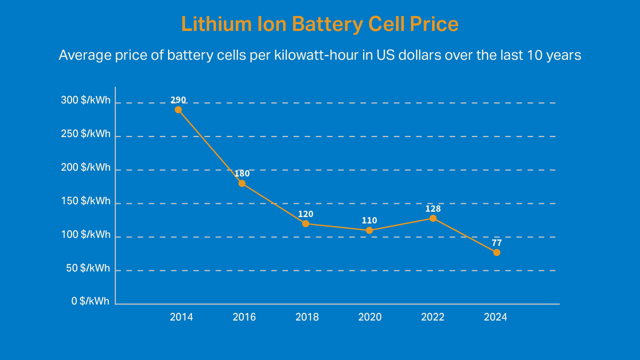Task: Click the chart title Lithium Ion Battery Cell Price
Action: [x=319, y=25]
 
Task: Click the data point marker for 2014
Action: [x=178, y=110]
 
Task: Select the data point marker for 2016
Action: [x=242, y=183]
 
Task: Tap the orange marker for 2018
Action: [x=306, y=223]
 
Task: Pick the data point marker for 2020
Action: [x=369, y=230]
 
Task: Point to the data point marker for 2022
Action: [x=433, y=218]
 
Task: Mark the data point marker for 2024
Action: [x=497, y=252]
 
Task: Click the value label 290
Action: [x=178, y=100]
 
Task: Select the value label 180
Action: [x=242, y=173]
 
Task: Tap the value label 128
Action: [x=433, y=209]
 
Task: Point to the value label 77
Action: [x=497, y=243]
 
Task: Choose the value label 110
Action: [x=369, y=220]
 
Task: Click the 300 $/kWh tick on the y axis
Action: [x=85, y=100]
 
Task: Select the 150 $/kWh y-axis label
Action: [x=85, y=201]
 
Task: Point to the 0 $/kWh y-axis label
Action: [x=90, y=301]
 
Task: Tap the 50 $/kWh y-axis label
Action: [x=88, y=268]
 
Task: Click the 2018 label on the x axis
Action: [x=307, y=317]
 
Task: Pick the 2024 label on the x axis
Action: [x=495, y=317]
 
